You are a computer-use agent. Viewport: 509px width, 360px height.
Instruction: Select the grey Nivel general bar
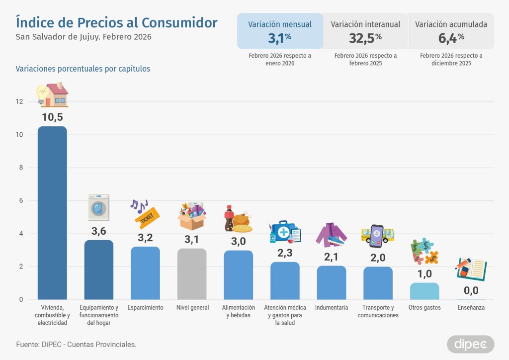[192, 274]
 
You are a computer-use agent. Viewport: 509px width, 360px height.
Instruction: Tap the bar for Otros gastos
[424, 291]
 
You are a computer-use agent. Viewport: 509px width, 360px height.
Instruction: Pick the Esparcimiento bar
[145, 273]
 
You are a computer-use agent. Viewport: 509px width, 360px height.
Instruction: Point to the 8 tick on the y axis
[20, 168]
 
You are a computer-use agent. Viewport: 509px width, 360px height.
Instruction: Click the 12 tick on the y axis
[19, 101]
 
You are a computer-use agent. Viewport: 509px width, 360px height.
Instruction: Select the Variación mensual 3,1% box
[280, 31]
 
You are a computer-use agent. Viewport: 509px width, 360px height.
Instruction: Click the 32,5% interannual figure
[365, 37]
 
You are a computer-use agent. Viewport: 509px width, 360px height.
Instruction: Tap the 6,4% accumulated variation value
[451, 37]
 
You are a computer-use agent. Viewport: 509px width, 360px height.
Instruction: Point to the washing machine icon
[98, 208]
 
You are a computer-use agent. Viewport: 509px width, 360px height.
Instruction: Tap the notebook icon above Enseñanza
[471, 269]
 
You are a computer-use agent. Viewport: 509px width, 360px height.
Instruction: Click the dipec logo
[470, 344]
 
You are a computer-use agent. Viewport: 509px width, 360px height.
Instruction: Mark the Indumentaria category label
[332, 308]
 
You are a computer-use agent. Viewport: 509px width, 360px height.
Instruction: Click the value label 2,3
[285, 253]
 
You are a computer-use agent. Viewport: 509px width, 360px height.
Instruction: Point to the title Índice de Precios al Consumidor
[117, 22]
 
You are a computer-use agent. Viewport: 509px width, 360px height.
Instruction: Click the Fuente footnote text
[77, 344]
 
